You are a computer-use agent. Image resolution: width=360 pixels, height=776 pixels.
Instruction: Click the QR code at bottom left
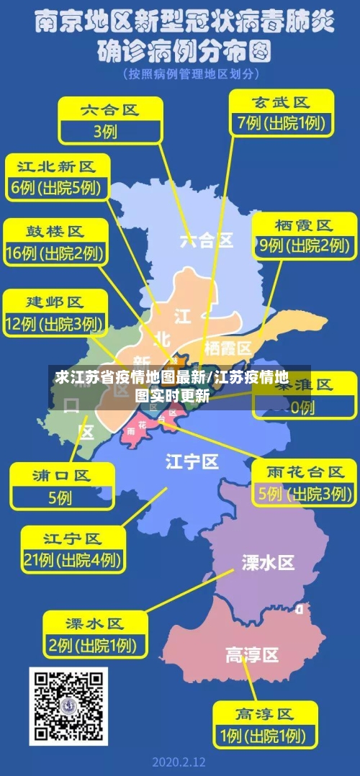tap(68, 706)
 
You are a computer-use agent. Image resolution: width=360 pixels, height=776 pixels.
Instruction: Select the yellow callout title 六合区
tap(109, 110)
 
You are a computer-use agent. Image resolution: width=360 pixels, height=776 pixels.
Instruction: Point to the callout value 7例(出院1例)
tap(281, 123)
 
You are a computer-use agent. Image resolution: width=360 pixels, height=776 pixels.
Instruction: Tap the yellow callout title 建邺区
tap(55, 301)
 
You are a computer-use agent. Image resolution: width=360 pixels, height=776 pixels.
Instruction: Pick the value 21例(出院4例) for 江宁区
tap(71, 559)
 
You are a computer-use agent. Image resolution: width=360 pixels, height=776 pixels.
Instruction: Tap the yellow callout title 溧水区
tap(94, 623)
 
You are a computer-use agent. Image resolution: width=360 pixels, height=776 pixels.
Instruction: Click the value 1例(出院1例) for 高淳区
tap(264, 736)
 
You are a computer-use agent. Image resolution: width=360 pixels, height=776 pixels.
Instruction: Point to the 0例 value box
tap(303, 407)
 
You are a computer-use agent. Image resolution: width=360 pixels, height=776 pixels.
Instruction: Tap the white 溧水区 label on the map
tap(268, 562)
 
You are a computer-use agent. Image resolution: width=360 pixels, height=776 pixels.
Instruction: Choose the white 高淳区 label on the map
tap(251, 655)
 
